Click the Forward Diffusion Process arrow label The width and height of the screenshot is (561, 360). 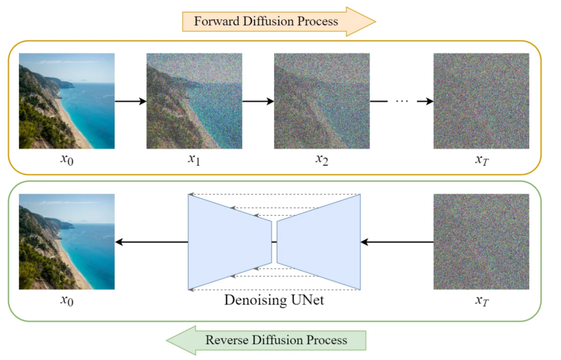tap(266, 21)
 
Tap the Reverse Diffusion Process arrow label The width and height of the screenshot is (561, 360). tap(276, 340)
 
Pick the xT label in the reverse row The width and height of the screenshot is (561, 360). tap(482, 301)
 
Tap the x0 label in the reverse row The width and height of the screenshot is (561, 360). tap(67, 301)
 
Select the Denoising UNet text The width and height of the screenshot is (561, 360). tap(274, 300)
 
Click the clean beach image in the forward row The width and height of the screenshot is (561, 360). tap(67, 101)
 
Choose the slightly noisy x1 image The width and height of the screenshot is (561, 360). tap(194, 101)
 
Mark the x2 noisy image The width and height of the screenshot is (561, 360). tap(322, 101)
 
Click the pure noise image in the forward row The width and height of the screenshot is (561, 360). tap(481, 101)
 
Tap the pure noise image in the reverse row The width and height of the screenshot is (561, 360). tap(481, 242)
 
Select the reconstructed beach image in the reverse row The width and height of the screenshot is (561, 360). tap(67, 242)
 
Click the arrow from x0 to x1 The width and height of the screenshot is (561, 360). tap(130, 101)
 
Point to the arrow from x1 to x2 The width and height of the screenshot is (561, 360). tap(258, 101)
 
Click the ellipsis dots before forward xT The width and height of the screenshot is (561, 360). tap(402, 101)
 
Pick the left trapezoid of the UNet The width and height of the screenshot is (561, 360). tap(230, 242)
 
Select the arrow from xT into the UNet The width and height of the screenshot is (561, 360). tap(397, 242)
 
